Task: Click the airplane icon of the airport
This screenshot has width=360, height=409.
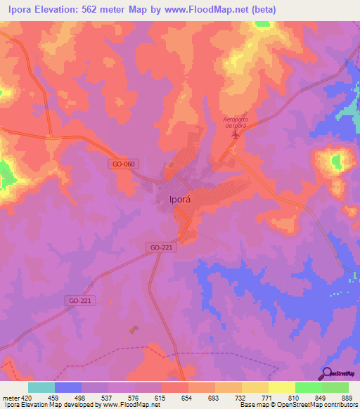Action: tap(235, 135)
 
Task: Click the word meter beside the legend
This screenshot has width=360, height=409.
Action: tap(10, 397)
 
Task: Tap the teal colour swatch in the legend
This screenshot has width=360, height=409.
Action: tap(41, 387)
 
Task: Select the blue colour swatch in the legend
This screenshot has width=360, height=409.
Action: tap(67, 387)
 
